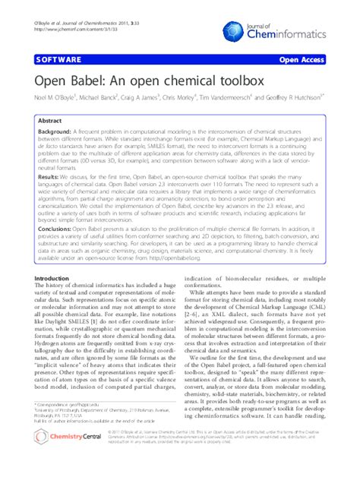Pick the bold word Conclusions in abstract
58,227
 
